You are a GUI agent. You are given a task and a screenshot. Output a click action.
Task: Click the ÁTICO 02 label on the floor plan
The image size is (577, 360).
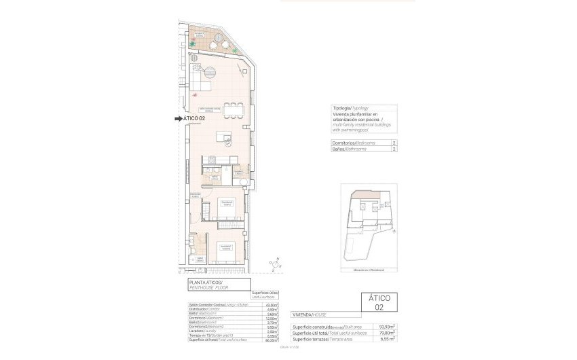[195, 119]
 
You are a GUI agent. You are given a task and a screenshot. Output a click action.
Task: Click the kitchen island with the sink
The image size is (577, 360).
[224, 138]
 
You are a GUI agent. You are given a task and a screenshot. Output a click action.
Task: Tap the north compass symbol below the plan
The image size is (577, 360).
[275, 262]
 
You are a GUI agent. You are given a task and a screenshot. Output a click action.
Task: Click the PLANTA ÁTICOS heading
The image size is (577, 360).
[206, 282]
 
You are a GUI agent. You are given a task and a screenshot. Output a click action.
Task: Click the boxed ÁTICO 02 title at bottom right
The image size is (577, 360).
[379, 302]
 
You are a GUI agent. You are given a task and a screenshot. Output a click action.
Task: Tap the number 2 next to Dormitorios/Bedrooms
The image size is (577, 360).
[394, 143]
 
